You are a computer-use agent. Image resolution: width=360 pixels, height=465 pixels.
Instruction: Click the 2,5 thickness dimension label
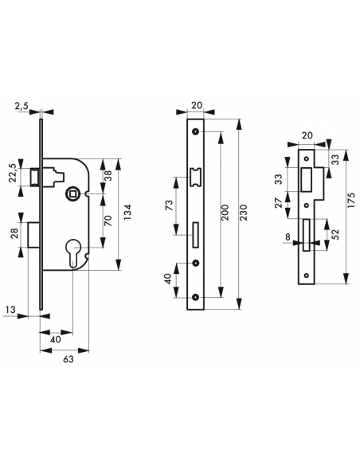point(22,106)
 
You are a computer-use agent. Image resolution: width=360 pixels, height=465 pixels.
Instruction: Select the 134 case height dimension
point(127,213)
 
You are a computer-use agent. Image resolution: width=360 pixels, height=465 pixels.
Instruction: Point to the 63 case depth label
point(68,359)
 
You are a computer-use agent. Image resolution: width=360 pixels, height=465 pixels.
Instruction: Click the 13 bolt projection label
point(10,310)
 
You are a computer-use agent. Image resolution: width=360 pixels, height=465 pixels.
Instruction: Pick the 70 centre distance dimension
point(108,221)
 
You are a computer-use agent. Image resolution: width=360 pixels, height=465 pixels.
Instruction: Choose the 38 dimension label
point(108,176)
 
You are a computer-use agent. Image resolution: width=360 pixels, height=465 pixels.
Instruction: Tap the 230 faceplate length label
point(243,213)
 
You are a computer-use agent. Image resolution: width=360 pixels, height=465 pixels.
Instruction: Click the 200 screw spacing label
point(225,213)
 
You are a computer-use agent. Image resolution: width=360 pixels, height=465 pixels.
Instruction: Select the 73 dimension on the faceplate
point(168,205)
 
